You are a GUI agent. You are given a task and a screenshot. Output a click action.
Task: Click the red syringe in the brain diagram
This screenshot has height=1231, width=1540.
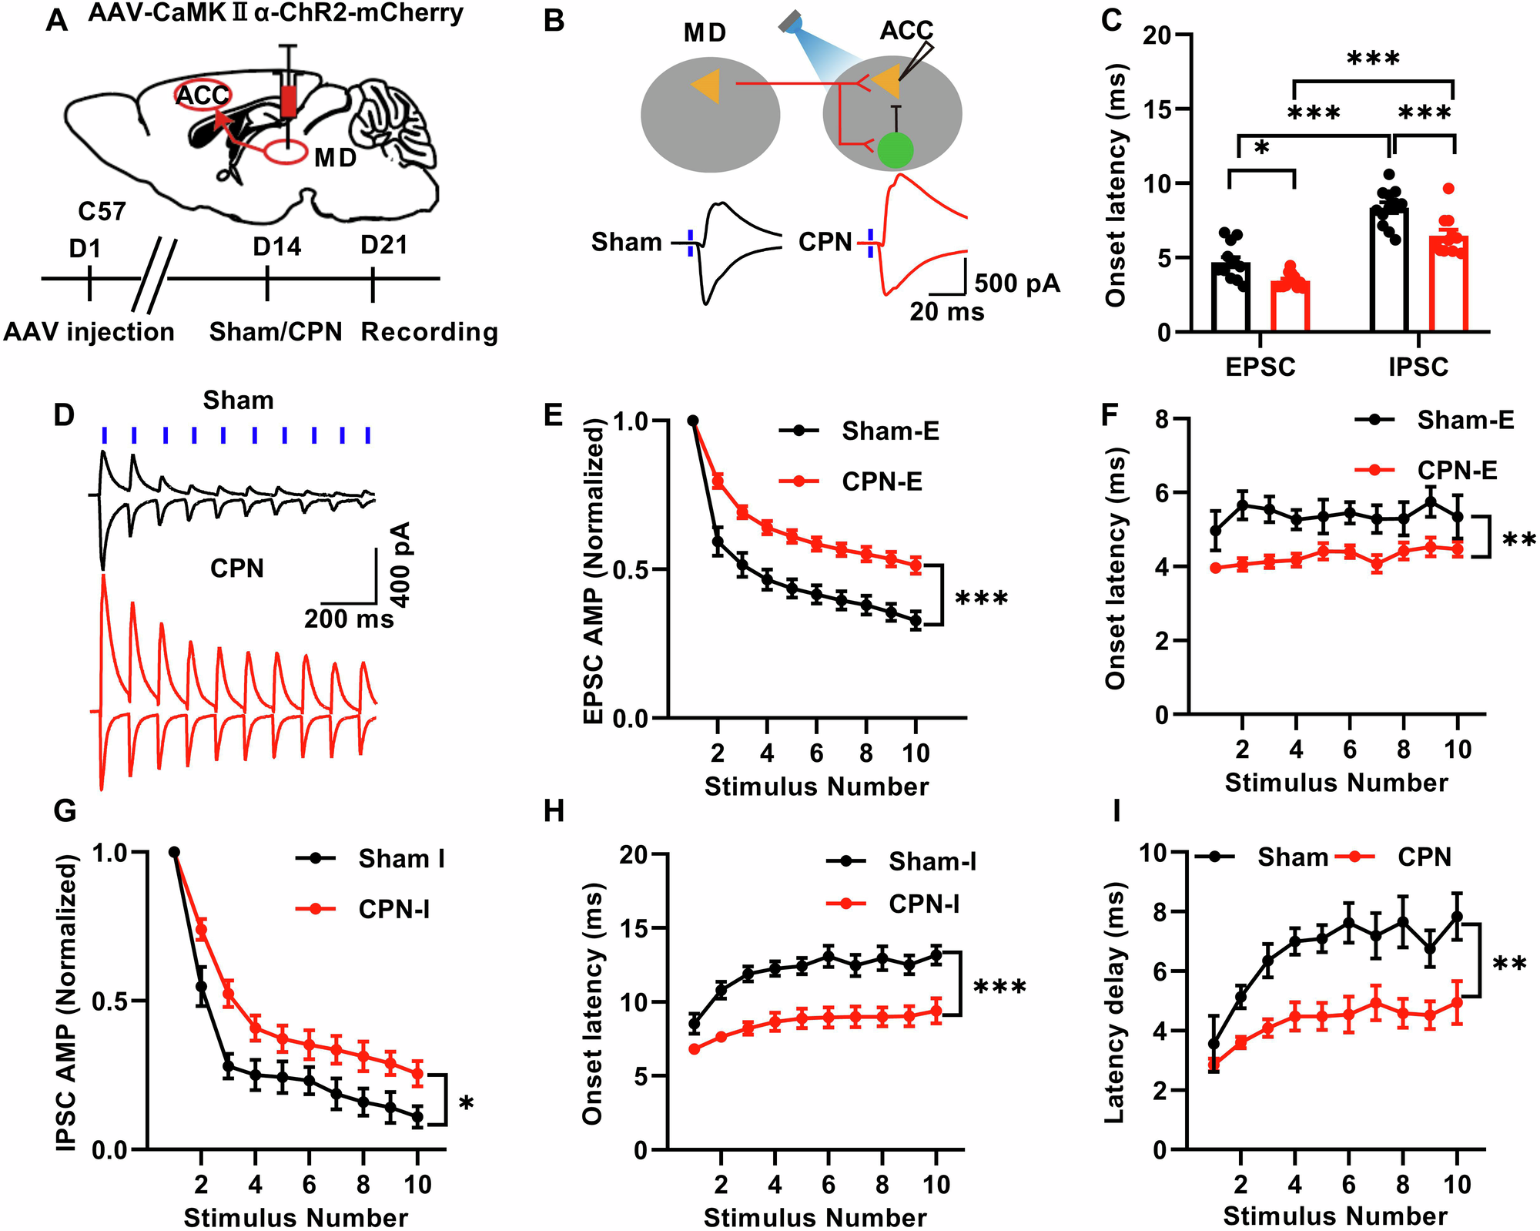289,100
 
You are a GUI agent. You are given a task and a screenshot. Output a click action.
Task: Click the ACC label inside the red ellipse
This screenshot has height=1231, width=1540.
203,96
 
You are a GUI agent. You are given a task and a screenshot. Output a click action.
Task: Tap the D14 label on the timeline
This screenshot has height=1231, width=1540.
276,247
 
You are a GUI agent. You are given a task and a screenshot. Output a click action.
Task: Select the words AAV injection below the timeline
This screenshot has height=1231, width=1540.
89,332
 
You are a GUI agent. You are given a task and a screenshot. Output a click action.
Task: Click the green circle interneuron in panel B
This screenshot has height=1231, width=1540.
895,150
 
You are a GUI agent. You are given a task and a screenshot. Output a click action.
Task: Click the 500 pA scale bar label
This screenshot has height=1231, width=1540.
1017,283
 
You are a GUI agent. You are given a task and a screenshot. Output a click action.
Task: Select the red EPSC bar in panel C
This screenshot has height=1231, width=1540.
1290,306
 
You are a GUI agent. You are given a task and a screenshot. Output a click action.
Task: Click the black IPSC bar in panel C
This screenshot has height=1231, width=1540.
1390,270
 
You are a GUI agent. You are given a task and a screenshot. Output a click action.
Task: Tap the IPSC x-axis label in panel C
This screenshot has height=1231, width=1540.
1418,367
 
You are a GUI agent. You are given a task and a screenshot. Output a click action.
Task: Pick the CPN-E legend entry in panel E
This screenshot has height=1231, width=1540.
881,481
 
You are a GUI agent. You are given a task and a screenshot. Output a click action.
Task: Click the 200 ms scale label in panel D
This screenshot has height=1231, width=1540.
348,619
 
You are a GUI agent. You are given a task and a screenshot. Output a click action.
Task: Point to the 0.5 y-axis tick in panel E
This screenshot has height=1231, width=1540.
631,570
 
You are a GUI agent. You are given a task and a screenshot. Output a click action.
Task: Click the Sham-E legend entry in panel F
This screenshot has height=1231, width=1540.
1465,420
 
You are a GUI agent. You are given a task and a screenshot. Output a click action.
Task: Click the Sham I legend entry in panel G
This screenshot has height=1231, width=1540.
401,858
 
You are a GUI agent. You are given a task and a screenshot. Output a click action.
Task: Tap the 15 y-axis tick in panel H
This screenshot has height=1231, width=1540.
632,928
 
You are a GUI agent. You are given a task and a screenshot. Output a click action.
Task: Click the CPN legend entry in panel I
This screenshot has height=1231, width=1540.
1424,857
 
